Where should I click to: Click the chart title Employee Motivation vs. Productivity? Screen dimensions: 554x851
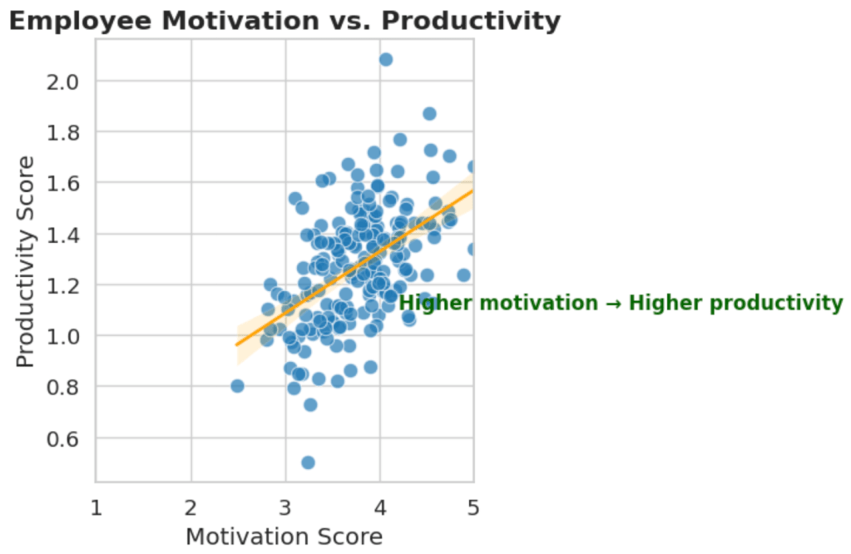click(284, 21)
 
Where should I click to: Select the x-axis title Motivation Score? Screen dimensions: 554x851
click(284, 537)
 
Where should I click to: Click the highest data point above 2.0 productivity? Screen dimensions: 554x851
click(385, 60)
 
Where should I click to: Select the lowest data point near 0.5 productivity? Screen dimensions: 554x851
click(308, 462)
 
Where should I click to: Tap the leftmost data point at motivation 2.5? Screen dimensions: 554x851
click(237, 386)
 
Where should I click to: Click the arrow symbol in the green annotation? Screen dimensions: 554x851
click(613, 304)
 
